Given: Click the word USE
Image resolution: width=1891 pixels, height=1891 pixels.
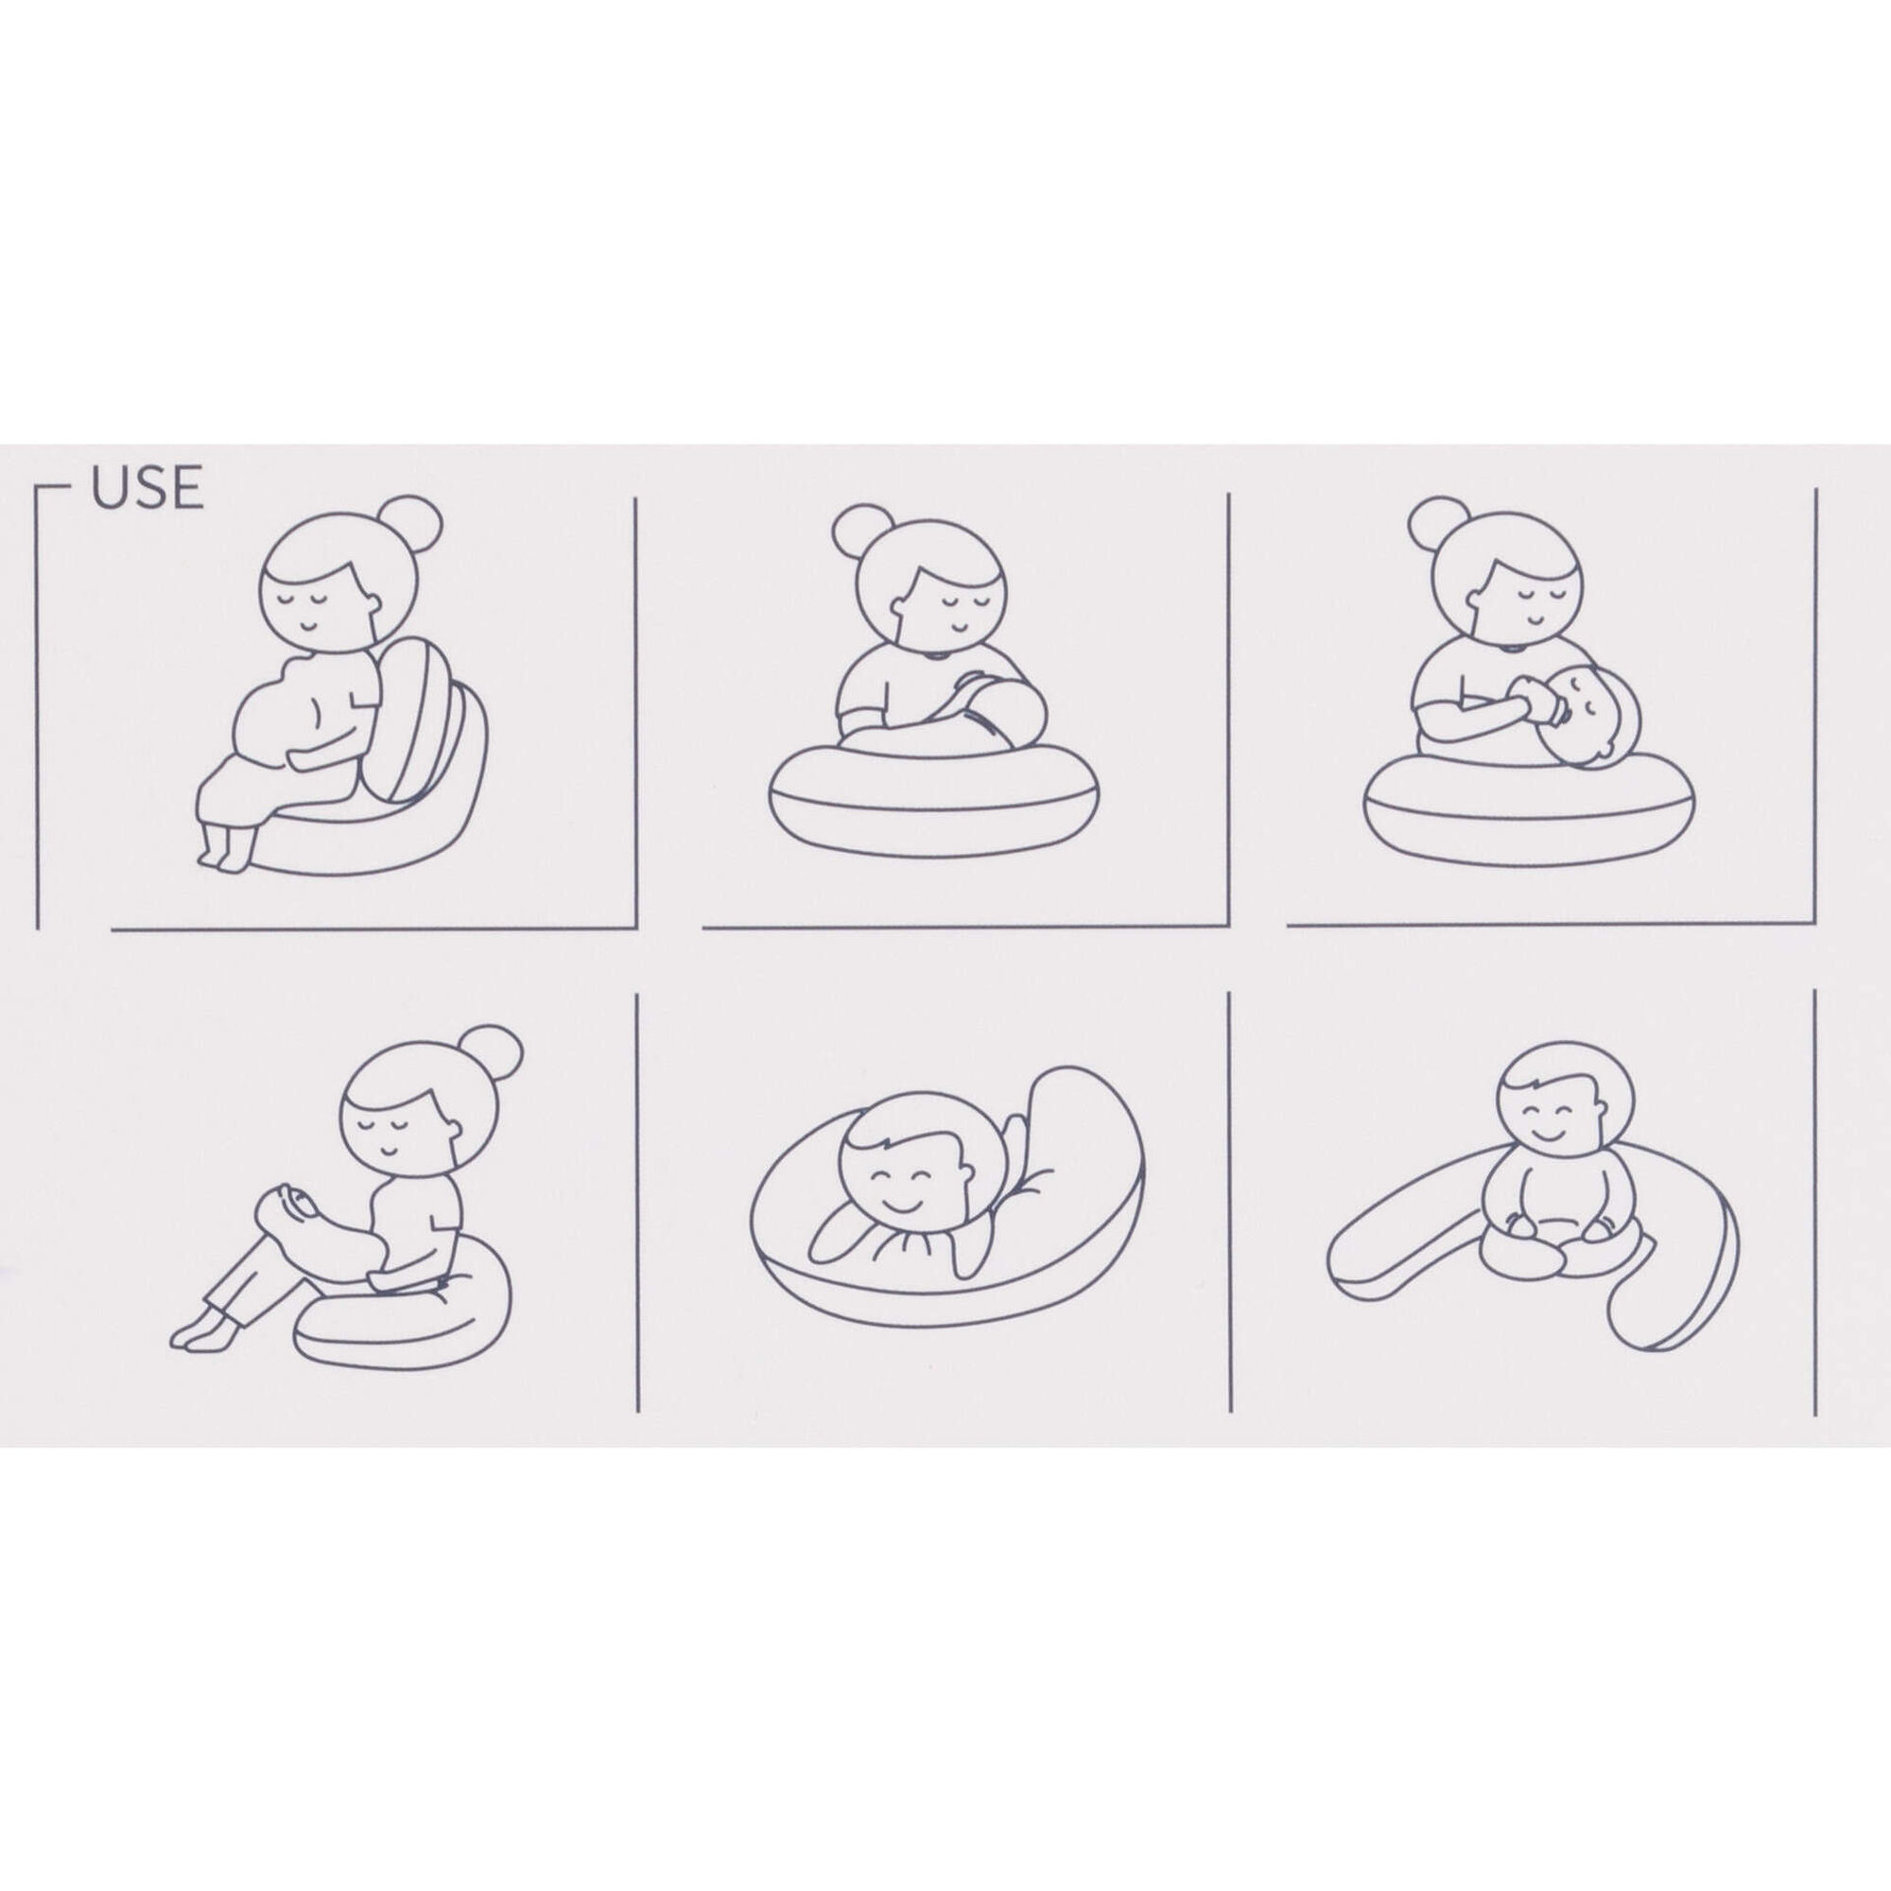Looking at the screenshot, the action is (147, 489).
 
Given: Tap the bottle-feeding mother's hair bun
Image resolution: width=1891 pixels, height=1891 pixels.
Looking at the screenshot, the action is (1439, 526).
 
